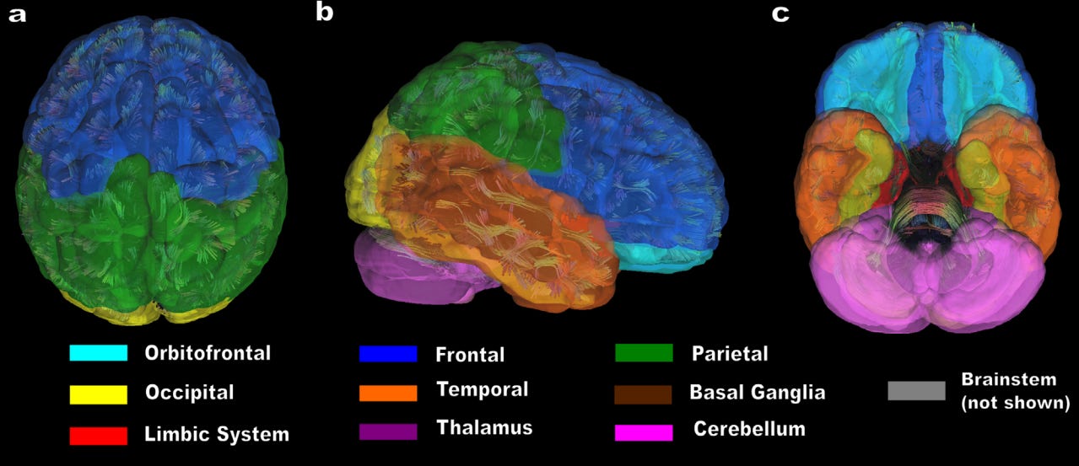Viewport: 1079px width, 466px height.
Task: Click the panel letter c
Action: point(780,13)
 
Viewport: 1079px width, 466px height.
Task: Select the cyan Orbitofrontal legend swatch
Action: point(99,353)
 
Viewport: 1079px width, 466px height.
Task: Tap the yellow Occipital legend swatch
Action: point(99,394)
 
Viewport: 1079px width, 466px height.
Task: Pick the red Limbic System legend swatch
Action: point(99,435)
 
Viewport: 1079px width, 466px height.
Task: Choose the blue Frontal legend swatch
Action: point(388,354)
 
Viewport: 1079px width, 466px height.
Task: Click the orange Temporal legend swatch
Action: point(388,393)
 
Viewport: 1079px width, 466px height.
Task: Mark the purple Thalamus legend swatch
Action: point(388,431)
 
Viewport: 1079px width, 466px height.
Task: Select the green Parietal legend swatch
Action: point(644,353)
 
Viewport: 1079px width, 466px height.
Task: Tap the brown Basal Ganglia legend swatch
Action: point(644,394)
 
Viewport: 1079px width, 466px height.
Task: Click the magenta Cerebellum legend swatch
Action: point(644,431)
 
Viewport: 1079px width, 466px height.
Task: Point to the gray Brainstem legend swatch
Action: point(916,390)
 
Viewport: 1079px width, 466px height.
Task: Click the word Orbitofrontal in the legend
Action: point(208,353)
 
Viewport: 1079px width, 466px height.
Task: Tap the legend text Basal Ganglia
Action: point(757,393)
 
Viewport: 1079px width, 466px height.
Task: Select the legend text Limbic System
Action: point(217,435)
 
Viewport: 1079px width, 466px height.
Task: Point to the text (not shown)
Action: point(1015,403)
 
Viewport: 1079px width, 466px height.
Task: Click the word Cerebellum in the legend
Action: point(749,429)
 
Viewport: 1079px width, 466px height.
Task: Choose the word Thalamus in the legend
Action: point(484,427)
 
